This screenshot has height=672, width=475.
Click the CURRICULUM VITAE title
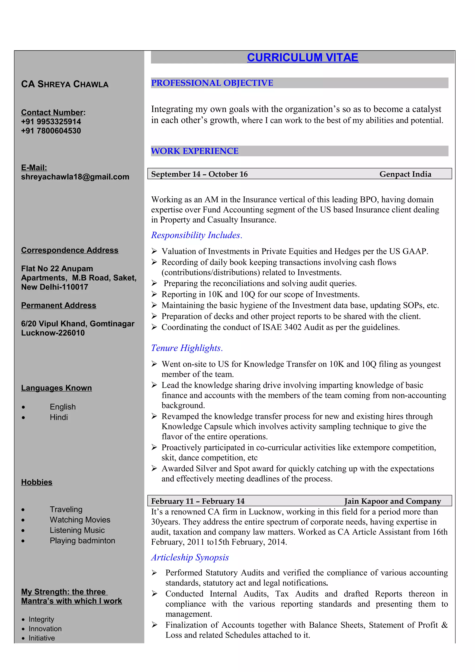tap(302, 57)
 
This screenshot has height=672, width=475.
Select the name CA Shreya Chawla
tap(65, 84)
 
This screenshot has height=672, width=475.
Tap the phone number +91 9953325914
tap(51, 122)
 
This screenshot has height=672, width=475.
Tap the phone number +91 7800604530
tap(51, 131)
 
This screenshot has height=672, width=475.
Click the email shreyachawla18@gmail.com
tap(75, 177)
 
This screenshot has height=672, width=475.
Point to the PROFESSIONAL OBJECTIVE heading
tap(212, 83)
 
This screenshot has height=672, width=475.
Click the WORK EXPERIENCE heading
tap(195, 151)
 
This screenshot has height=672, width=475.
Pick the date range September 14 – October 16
tap(199, 174)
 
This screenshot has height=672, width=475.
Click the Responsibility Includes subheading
tap(196, 235)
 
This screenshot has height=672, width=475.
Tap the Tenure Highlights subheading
tap(187, 348)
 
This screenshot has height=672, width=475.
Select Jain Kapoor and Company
tap(392, 501)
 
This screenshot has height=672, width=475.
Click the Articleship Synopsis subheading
tap(190, 557)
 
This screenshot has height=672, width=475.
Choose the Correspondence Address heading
tap(70, 250)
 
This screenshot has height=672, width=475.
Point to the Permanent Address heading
tap(58, 305)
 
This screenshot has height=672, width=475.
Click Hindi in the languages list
tap(59, 417)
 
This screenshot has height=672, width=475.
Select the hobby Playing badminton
tap(82, 541)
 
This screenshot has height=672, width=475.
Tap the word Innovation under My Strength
tap(45, 629)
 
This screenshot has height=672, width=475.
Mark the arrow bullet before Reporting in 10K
tap(154, 294)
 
